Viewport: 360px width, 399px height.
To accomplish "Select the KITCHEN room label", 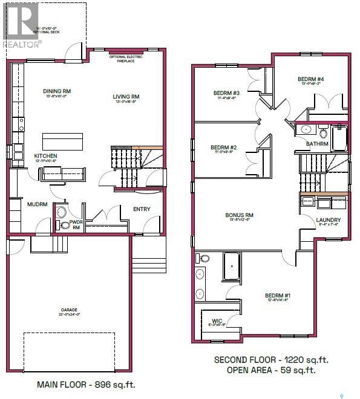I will (x=45, y=156).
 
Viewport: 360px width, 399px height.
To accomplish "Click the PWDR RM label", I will (x=76, y=225).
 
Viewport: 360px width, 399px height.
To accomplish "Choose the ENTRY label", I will (x=142, y=209).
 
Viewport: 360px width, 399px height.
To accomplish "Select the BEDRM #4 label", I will (x=310, y=79).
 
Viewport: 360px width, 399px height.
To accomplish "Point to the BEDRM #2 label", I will (x=223, y=148).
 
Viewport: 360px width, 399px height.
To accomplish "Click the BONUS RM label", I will (x=239, y=215).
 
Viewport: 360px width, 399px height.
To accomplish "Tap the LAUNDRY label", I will (x=328, y=220).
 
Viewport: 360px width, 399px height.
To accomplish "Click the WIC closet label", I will (x=217, y=321).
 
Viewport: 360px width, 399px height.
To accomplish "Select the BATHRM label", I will (x=318, y=144).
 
